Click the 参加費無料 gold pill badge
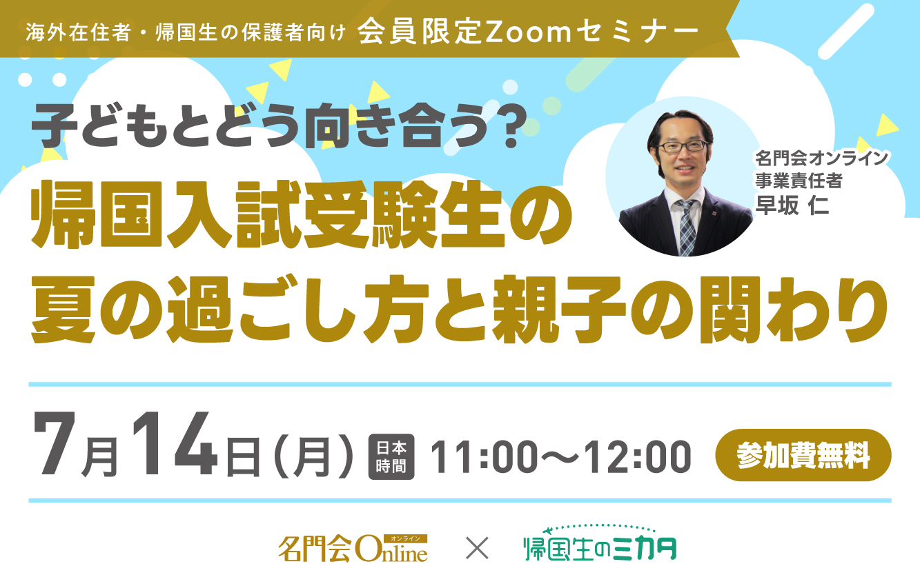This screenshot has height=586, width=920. click(x=803, y=455)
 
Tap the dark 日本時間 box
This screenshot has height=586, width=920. click(x=391, y=456)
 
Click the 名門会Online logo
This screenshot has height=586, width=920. click(x=353, y=548)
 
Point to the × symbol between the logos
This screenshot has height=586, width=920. click(x=477, y=548)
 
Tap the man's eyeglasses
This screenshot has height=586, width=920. click(x=682, y=146)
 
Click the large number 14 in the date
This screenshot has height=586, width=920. click(x=175, y=443)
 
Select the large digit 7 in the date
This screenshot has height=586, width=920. click(x=55, y=443)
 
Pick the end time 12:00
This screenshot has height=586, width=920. click(x=638, y=456)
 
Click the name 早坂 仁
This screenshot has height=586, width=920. click(x=792, y=205)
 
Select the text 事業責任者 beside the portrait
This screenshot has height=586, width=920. click(x=799, y=181)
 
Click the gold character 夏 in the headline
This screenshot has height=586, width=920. click(x=63, y=310)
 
